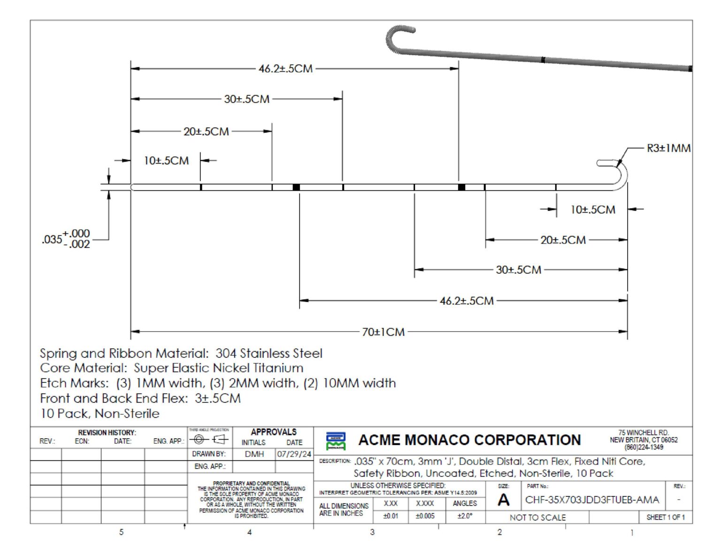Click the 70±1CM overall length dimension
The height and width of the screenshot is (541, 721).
383,332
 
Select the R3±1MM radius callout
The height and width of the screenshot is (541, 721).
668,148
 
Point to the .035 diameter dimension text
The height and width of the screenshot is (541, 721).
66,239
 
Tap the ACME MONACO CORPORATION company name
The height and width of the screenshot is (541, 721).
469,440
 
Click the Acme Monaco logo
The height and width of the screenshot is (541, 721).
336,441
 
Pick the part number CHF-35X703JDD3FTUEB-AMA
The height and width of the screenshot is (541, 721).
592,500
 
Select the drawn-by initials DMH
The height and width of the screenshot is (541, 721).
254,454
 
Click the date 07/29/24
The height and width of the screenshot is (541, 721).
294,454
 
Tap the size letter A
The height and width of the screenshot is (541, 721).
503,500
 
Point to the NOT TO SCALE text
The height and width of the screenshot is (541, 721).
537,518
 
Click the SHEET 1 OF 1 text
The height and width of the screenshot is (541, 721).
665,517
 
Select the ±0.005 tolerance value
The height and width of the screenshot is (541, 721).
425,516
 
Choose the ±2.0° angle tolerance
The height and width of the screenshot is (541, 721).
465,516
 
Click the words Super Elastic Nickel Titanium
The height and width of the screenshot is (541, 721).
219,368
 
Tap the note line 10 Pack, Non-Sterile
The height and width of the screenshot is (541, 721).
100,413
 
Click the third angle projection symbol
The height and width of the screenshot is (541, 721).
209,440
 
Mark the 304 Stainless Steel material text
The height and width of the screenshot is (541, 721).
269,353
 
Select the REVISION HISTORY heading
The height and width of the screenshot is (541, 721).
107,433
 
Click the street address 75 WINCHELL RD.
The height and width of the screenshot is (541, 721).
643,433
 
